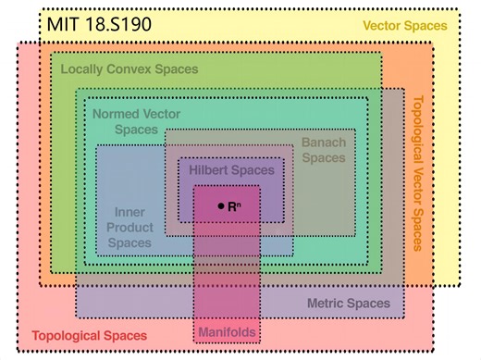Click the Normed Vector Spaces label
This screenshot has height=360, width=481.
[x=136, y=121]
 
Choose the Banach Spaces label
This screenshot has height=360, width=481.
[x=323, y=150]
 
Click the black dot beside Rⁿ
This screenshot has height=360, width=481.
[x=220, y=205]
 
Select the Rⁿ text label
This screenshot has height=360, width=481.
[x=234, y=205]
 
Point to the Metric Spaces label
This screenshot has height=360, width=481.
[x=348, y=303]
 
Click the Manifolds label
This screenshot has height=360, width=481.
[x=226, y=330]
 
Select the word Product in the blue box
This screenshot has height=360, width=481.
[x=129, y=227]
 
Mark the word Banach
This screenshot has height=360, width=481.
[x=323, y=143]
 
